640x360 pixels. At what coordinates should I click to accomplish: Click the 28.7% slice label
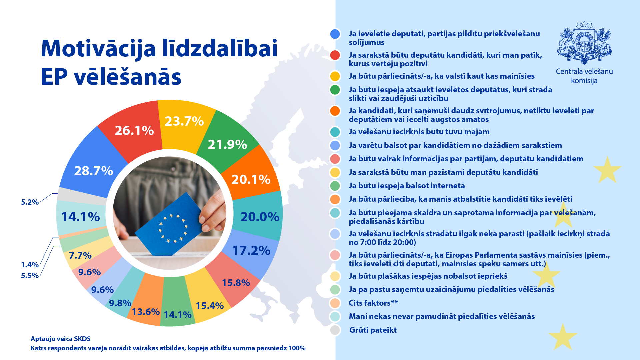(94, 171)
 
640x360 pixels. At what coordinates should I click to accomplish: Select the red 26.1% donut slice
(134, 131)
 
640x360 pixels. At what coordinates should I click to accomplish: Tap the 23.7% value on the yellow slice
(184, 121)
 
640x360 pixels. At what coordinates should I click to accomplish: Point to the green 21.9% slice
(227, 145)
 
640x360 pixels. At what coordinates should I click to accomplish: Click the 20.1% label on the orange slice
(251, 180)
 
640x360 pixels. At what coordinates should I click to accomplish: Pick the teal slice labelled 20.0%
(260, 217)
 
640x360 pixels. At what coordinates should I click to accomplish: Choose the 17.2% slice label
(251, 251)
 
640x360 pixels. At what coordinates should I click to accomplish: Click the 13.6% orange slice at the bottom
(146, 312)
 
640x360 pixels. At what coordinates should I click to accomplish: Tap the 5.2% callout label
(30, 202)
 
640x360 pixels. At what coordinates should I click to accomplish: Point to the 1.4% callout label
(30, 265)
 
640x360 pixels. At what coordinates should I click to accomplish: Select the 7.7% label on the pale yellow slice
(80, 256)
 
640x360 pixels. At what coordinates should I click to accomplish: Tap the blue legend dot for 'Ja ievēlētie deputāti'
(335, 34)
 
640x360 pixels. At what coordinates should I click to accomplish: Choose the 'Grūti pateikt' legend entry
(373, 330)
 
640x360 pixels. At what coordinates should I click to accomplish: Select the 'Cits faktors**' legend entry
(373, 303)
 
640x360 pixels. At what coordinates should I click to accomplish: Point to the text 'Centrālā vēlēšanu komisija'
(584, 76)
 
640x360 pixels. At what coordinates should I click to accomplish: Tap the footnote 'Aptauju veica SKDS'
(61, 339)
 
